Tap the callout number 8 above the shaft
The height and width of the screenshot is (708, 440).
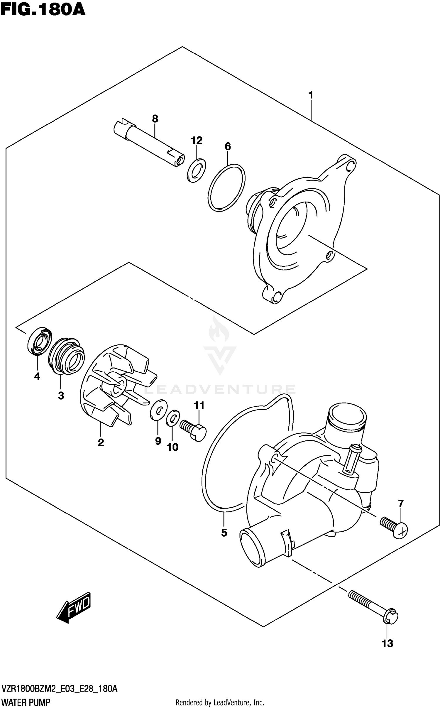[155, 119]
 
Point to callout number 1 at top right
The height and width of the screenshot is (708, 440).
[311, 95]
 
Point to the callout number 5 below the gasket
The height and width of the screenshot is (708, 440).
[224, 533]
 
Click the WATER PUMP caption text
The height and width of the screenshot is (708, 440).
[26, 700]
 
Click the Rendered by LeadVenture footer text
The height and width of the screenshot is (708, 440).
[220, 700]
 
